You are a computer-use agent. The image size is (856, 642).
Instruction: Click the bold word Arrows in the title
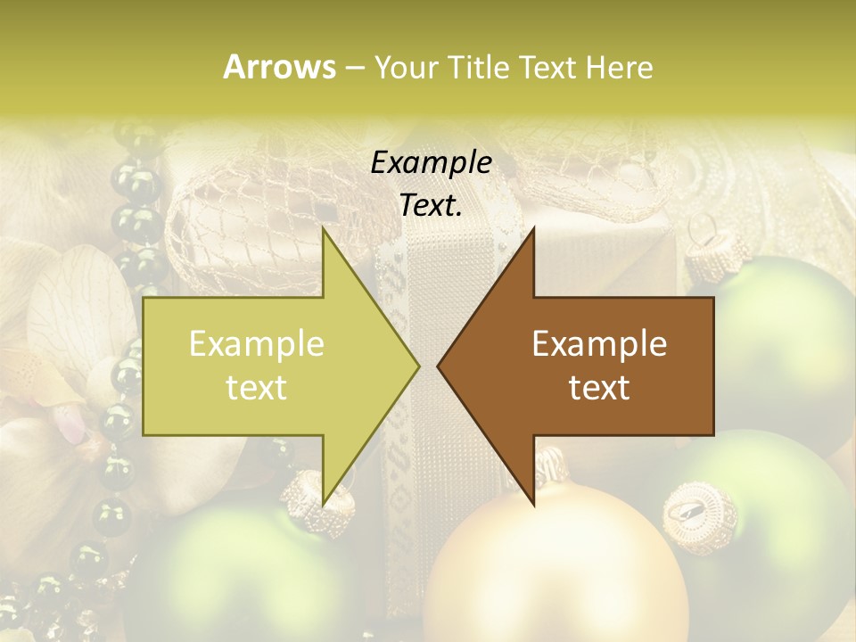279,67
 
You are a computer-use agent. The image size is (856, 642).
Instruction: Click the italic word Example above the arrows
431,162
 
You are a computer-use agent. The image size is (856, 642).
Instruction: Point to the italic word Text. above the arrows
431,205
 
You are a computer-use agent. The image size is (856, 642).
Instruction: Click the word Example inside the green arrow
256,344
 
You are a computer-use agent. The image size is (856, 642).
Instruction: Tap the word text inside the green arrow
256,388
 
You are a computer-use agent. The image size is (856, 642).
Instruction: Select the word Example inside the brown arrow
599,344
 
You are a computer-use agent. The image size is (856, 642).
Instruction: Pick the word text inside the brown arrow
599,388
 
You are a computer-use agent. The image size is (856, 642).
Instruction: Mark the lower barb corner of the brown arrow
534,505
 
